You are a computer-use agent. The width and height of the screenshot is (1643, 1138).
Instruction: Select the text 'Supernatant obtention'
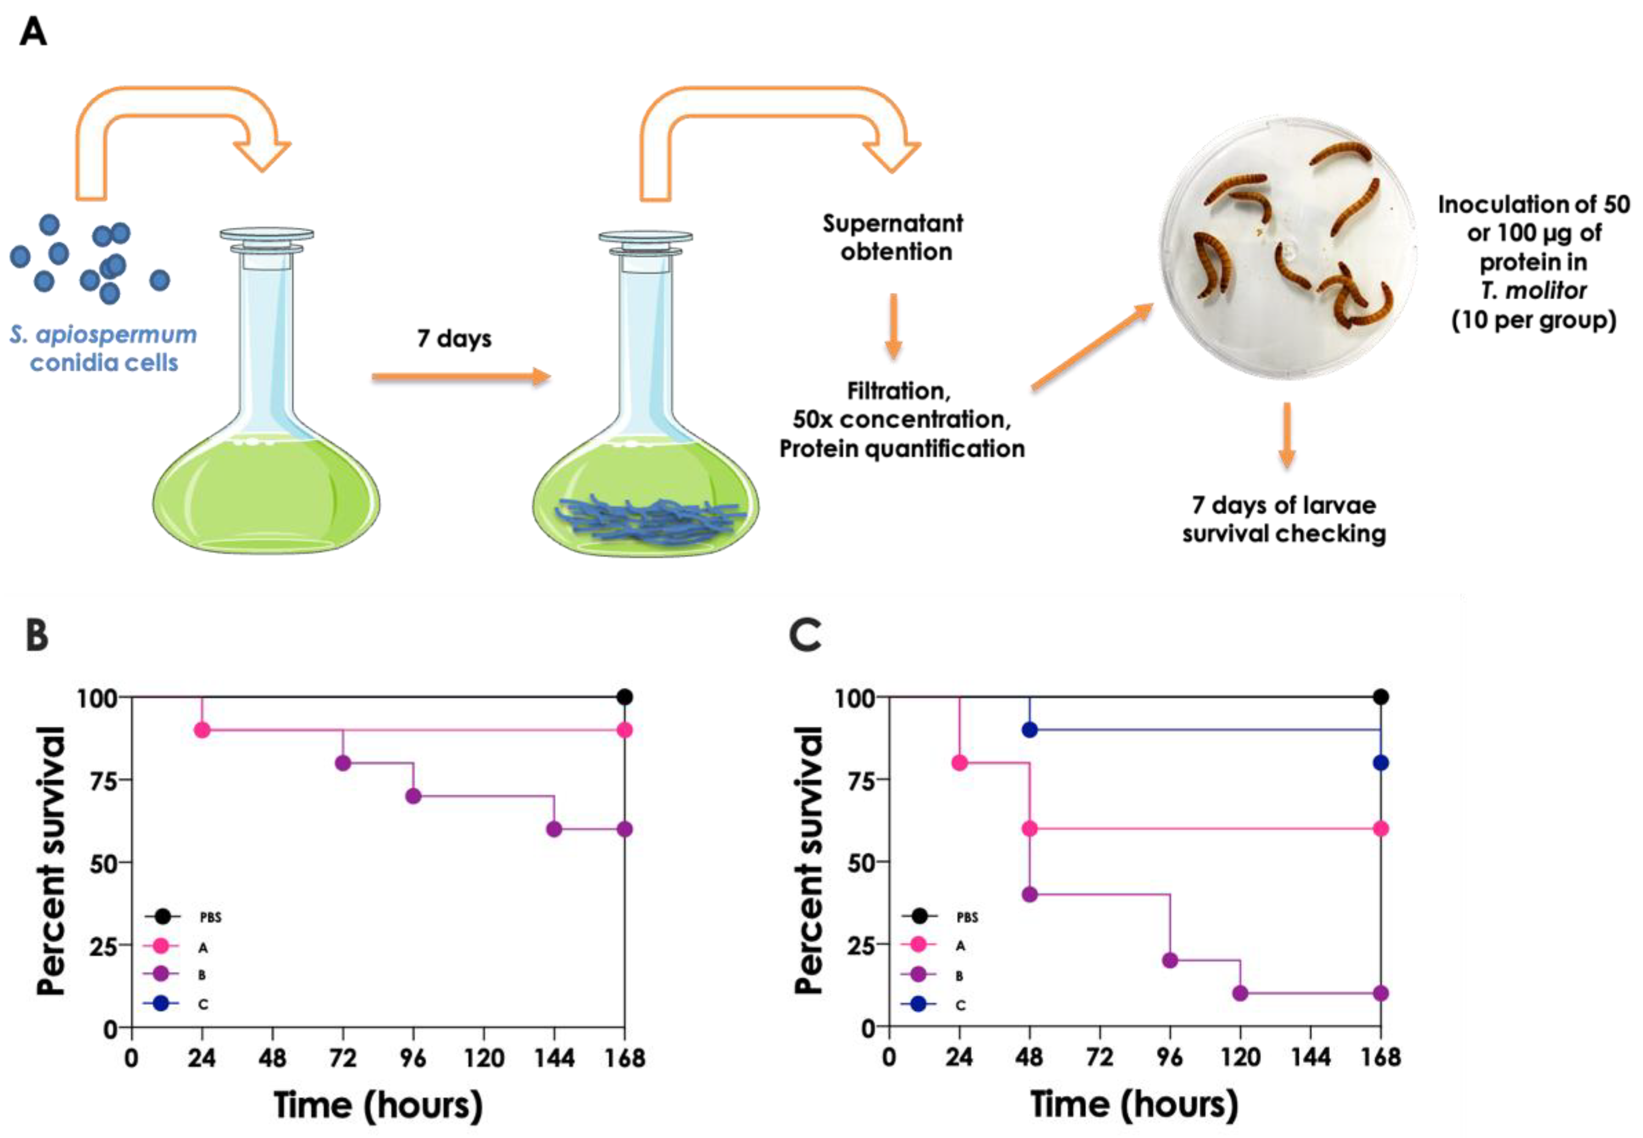[893, 237]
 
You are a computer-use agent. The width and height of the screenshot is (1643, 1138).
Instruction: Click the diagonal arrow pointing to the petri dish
[1091, 347]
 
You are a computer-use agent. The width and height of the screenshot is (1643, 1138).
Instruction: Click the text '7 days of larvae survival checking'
[1284, 519]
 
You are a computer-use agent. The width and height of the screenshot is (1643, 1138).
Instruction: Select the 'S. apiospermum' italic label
[103, 334]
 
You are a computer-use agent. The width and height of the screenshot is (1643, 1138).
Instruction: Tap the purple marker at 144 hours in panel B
[554, 829]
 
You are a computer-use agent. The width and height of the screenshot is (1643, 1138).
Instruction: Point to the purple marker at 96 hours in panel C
[1170, 960]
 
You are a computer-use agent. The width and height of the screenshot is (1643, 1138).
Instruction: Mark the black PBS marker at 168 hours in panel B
[625, 697]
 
